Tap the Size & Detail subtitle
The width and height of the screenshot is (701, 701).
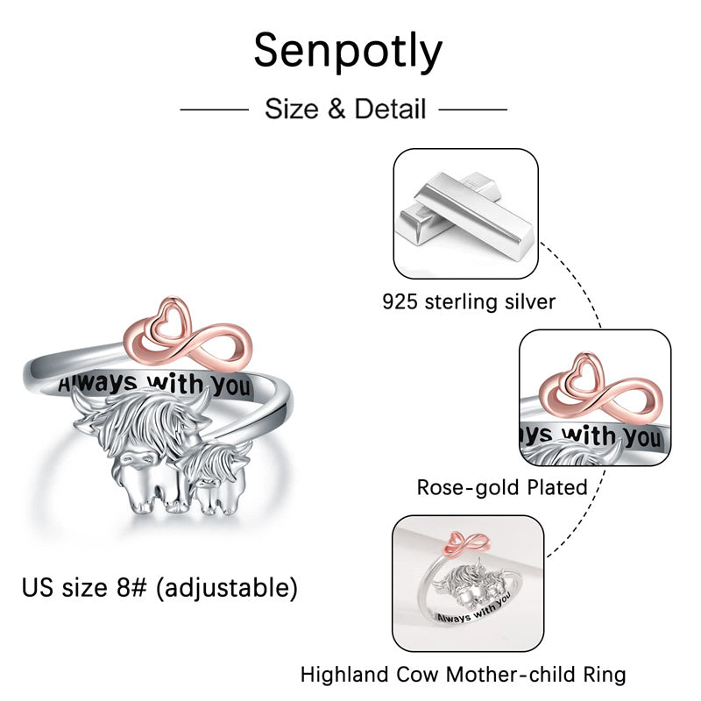click(345, 110)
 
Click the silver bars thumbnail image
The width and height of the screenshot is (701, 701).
click(465, 213)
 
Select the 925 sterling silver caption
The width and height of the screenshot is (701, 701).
click(469, 302)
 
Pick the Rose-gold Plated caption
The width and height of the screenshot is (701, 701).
click(502, 487)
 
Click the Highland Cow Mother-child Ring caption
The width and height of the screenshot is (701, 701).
click(464, 675)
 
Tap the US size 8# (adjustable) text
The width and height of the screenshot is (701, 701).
click(159, 588)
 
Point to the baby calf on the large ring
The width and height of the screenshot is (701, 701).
click(210, 477)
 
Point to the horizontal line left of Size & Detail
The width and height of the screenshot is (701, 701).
click(215, 110)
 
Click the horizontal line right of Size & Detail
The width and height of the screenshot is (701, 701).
click(472, 110)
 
